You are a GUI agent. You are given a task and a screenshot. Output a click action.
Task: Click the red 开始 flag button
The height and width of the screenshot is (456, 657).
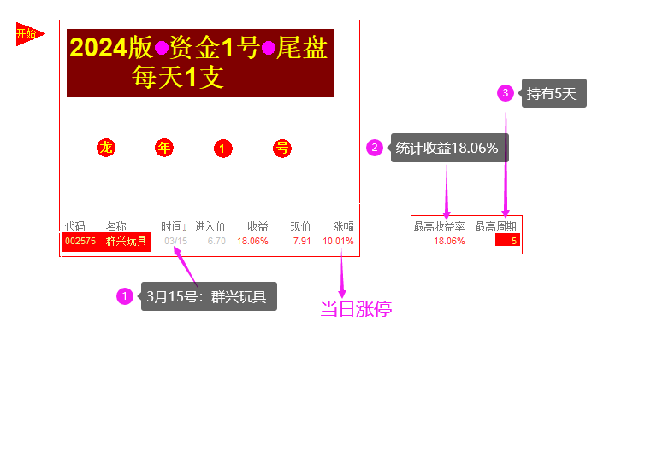28,34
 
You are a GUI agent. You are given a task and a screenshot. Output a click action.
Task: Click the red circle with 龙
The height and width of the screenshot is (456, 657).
106,148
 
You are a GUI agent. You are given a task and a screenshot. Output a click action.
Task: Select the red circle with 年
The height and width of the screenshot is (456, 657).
164,148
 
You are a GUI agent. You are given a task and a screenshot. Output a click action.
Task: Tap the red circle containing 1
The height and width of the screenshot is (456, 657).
222,149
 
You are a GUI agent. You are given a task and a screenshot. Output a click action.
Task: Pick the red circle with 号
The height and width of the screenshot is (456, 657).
282,148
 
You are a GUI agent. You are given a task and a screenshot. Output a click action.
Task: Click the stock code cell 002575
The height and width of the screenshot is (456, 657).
80,241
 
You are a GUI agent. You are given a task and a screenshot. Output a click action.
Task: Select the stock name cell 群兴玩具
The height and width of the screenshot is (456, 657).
127,241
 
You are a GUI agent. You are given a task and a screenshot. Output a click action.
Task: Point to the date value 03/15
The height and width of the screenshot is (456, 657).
175,241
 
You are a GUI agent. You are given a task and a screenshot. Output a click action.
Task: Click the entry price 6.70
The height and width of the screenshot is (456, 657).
216,241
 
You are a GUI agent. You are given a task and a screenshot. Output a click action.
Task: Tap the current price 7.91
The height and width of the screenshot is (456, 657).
302,241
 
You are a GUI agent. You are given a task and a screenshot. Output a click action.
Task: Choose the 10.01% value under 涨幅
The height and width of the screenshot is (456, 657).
338,241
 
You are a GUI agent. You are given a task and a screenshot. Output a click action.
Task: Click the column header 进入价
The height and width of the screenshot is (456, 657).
210,226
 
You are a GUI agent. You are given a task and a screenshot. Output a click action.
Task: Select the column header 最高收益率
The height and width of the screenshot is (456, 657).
439,226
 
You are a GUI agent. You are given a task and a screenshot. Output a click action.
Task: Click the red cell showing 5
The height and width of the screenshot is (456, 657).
507,241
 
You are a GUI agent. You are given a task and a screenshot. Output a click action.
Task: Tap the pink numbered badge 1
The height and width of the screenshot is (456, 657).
125,296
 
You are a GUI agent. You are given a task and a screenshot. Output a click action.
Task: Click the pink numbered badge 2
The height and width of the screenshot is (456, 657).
375,148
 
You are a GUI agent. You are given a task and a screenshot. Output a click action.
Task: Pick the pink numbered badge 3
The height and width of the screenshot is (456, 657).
506,92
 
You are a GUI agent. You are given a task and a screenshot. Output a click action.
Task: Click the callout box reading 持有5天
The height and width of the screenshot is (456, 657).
554,94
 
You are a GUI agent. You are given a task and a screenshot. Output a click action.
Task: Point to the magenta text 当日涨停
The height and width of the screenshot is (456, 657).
356,309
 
